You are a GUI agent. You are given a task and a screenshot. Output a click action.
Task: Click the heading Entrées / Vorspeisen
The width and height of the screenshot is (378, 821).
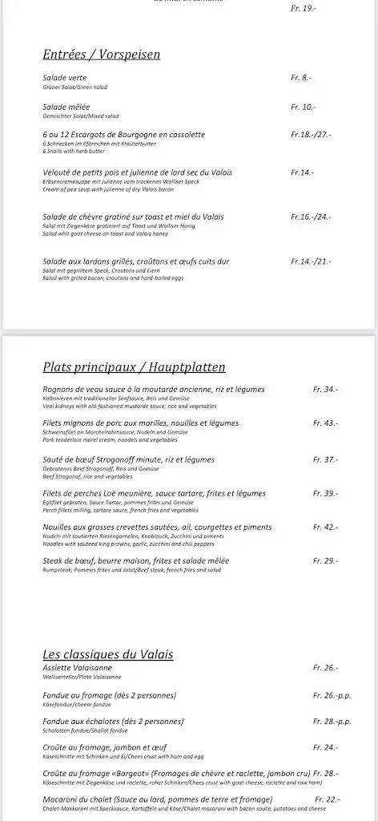point(101,55)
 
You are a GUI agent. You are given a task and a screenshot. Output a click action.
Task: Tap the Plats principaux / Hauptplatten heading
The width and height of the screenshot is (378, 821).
point(134,367)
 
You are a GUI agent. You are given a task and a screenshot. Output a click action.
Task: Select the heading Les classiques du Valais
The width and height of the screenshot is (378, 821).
point(107,654)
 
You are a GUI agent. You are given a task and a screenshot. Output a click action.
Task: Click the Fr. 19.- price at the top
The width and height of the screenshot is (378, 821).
point(304,8)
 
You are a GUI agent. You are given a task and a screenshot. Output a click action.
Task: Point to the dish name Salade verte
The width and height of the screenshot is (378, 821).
point(66,78)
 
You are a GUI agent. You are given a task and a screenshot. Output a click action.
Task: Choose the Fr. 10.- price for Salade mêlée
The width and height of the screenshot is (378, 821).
point(303,107)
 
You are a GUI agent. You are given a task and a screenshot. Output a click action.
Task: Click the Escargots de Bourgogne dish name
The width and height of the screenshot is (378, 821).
point(123,135)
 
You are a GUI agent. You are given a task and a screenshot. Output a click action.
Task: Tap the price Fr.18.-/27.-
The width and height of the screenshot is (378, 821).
point(311,135)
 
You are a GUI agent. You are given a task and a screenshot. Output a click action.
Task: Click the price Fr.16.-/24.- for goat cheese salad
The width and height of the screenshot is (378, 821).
point(311,216)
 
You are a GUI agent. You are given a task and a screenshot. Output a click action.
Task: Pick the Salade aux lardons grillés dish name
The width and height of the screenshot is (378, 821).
point(136,261)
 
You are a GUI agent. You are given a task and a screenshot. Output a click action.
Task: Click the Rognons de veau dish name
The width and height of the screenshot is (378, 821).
point(153,389)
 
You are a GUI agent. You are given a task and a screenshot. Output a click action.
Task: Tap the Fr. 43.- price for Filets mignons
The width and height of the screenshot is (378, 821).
point(325,423)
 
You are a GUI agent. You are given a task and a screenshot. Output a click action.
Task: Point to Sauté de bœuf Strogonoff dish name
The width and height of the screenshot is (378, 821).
point(129,459)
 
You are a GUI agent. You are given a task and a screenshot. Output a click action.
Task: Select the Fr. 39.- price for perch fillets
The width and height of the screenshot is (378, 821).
point(325,493)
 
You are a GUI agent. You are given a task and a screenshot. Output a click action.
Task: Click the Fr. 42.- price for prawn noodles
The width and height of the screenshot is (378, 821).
point(325,527)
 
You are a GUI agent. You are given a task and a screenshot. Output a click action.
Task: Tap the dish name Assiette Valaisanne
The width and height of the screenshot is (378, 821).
point(77,668)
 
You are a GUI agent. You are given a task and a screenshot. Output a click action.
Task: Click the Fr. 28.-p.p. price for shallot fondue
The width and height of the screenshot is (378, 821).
point(332,721)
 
